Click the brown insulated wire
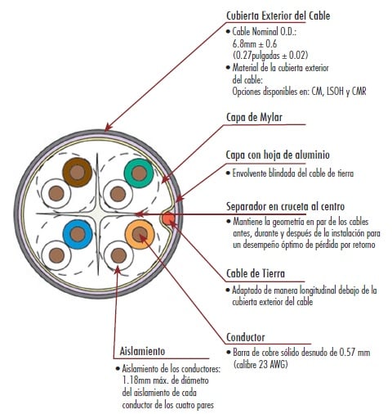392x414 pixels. [78, 173]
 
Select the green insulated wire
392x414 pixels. [139, 173]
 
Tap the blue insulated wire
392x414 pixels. [78, 234]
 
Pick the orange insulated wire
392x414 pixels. [140, 234]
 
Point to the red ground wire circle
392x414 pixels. [167, 218]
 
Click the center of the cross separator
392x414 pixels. [98, 214]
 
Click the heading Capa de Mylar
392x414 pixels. [254, 118]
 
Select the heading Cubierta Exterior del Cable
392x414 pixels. [278, 16]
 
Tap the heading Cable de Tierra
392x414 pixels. [256, 273]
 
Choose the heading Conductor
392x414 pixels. [246, 337]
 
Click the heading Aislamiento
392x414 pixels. [142, 351]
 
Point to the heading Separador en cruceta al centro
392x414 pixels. [285, 206]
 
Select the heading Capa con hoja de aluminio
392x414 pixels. [278, 155]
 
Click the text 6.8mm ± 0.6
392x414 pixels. [255, 43]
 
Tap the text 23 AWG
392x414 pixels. [272, 364]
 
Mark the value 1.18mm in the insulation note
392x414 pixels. [135, 380]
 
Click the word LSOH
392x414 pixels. [335, 91]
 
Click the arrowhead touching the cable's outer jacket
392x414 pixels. [108, 127]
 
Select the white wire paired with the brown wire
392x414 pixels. [56, 194]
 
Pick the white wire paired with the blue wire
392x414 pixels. [56, 255]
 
